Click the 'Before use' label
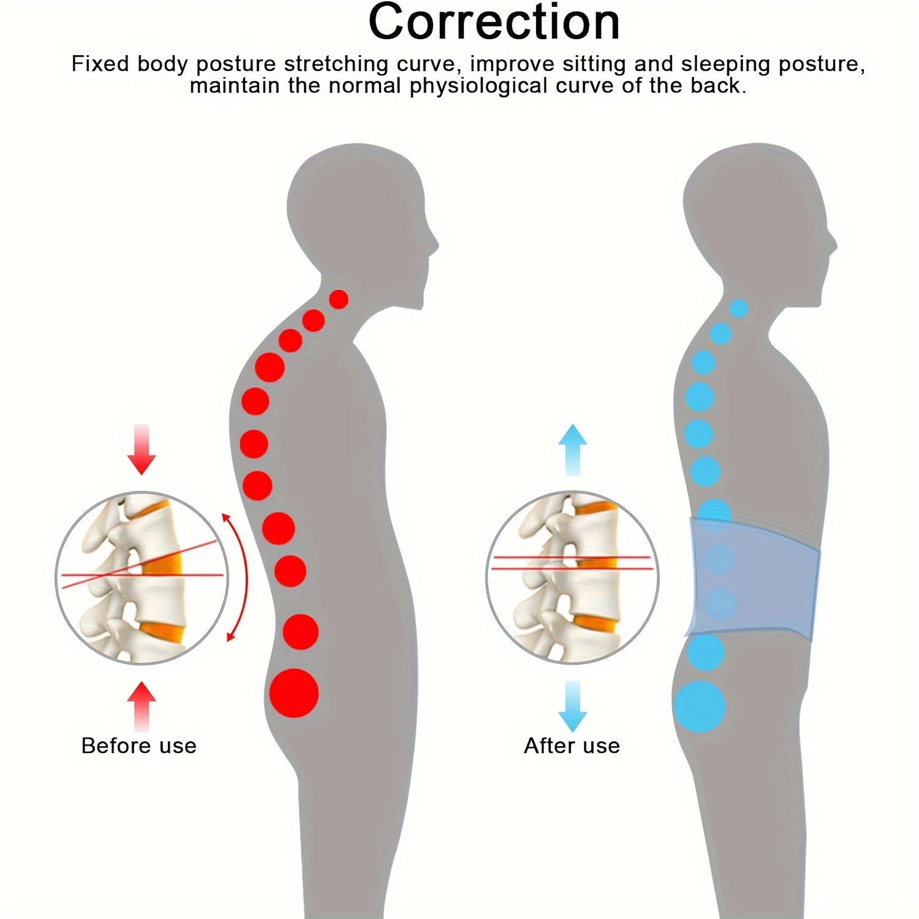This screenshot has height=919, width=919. coord(139,746)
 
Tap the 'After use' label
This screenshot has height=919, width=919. coord(572,746)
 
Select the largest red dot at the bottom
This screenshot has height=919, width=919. coord(294,693)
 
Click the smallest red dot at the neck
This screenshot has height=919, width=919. coord(339,300)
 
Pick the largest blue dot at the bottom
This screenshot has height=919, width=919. coord(699,706)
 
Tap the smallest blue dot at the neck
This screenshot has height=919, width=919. coord(739,308)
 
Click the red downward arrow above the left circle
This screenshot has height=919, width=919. coord(142,449)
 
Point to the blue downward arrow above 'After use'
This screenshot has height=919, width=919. coord(572,706)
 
